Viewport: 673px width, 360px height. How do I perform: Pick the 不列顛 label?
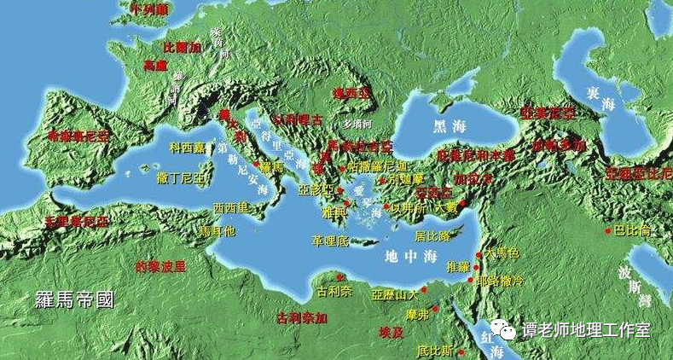pyautogui.click(x=149, y=9)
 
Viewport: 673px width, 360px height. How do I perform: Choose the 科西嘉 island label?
pyautogui.click(x=188, y=147)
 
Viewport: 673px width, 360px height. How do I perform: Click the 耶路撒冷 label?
pyautogui.click(x=499, y=280)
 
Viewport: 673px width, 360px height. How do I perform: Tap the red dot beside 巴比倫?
pyautogui.click(x=607, y=230)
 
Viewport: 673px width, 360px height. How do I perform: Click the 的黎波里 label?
pyautogui.click(x=160, y=265)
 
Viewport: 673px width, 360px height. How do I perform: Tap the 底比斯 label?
pyautogui.click(x=435, y=351)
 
